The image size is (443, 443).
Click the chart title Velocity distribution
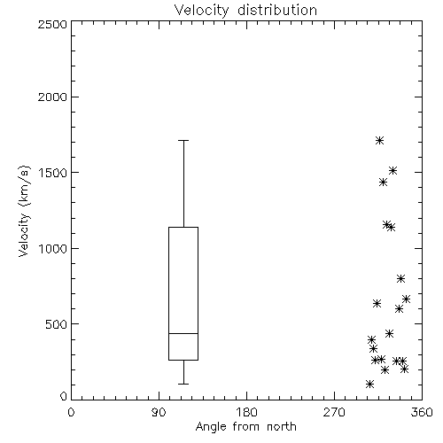pos(245,10)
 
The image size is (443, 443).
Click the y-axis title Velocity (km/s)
pos(24,211)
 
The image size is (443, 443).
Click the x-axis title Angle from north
pos(245,427)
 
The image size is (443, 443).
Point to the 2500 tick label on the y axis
pos(52,24)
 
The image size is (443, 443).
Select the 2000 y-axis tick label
pos(52,97)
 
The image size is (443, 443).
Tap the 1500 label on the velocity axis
pos(53,173)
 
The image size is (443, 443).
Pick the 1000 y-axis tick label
pos(53,249)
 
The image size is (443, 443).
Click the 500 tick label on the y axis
pos(57,324)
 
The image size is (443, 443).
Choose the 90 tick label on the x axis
pos(159,412)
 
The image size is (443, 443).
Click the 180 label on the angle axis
pos(246,412)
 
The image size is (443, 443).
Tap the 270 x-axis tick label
pos(334,412)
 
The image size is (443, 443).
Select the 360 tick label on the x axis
pos(422,412)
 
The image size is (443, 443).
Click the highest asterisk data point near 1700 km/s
pos(380,140)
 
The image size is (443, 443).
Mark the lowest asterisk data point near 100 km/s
pos(369,384)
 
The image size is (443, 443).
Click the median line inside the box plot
pos(183,333)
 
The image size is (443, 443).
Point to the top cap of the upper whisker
pos(183,140)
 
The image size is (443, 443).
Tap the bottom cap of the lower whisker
pos(183,384)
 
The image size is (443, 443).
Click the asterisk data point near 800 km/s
pos(400,278)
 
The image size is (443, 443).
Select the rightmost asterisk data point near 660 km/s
pos(406,299)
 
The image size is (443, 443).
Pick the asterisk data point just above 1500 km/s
pos(392,170)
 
